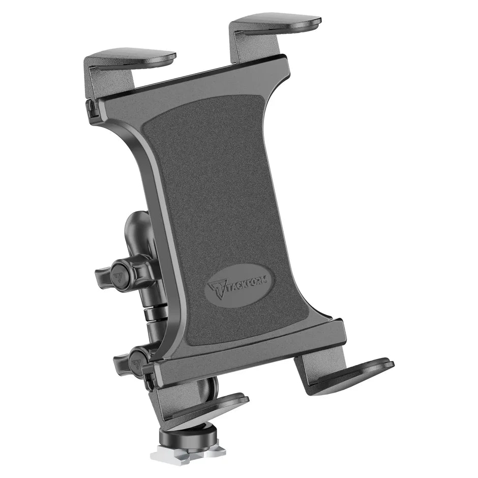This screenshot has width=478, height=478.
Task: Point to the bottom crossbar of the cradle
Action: [x=249, y=351]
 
